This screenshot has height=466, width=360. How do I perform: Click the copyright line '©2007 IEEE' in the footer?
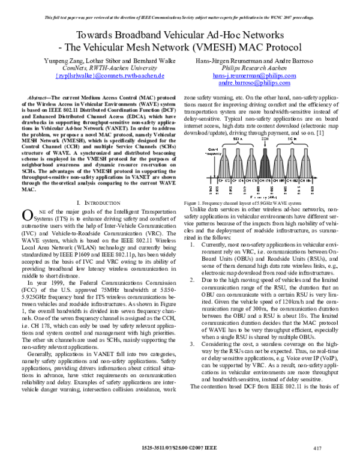coord(208,447)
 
